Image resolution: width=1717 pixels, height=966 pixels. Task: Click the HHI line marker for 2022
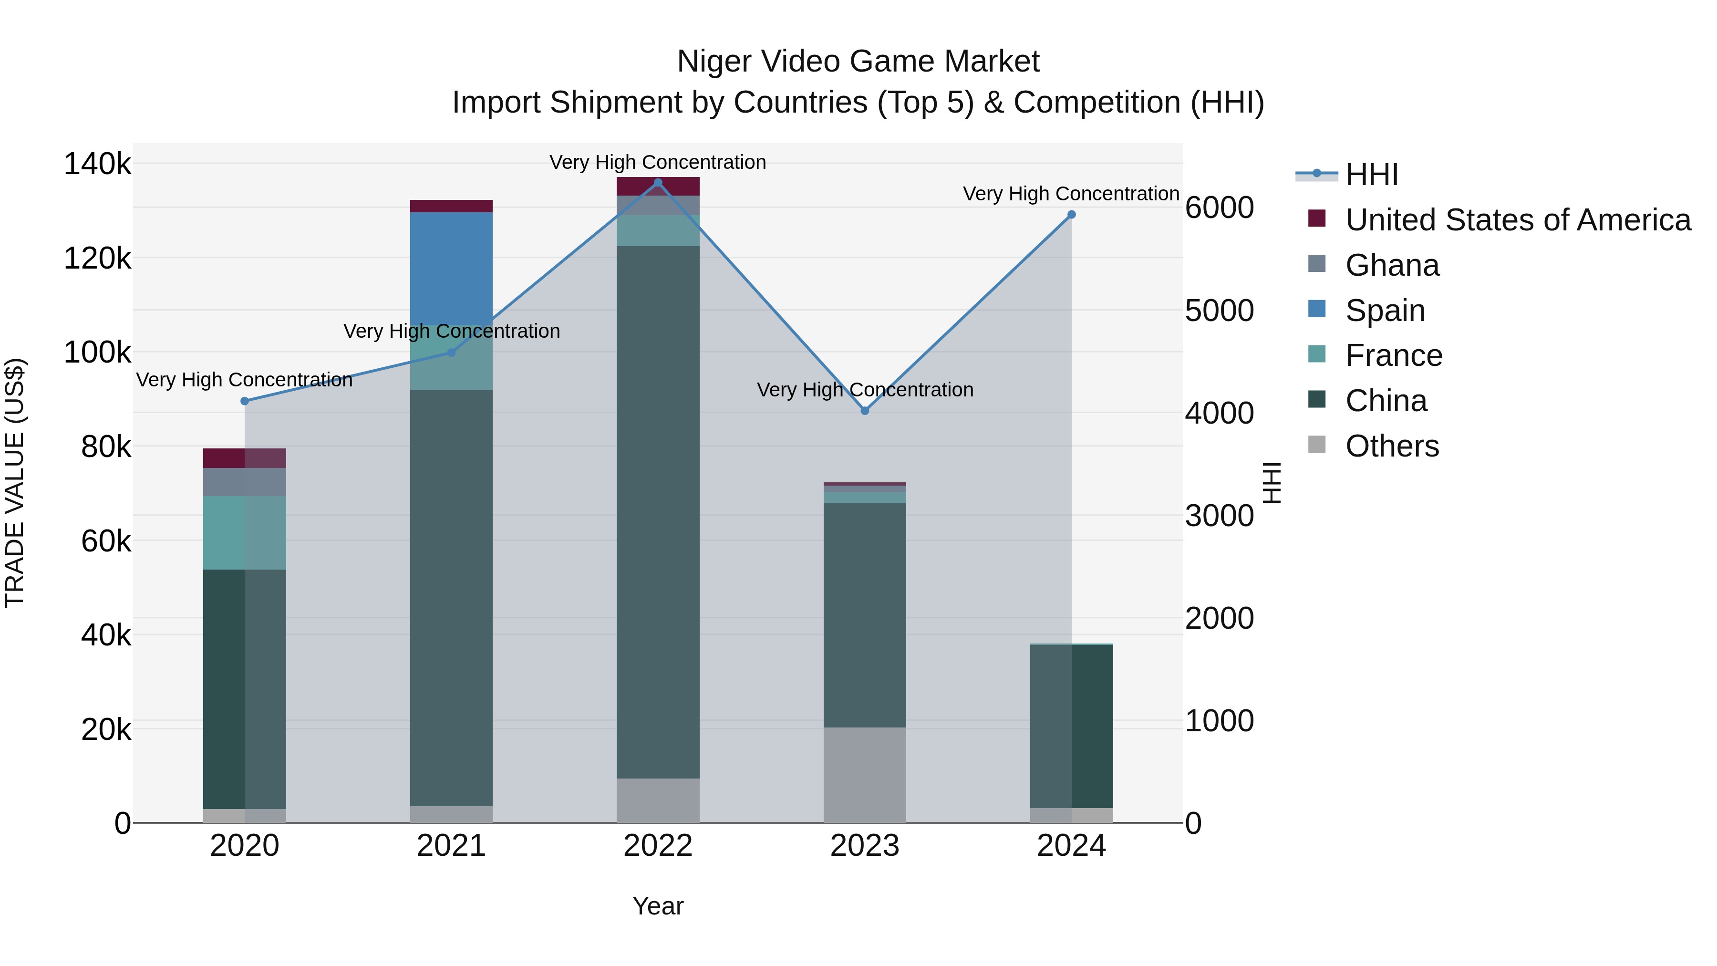click(658, 183)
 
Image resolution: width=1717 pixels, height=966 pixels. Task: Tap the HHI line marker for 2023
click(865, 411)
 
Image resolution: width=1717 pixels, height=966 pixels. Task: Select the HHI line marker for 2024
click(1071, 215)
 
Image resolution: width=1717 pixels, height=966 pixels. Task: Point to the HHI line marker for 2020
click(245, 401)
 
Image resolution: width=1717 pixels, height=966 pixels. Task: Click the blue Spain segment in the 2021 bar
click(451, 268)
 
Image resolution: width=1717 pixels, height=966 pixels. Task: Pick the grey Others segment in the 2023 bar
click(865, 775)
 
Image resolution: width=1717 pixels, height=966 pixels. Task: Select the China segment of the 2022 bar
click(658, 512)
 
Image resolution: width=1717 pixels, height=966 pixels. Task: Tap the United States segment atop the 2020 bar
click(245, 458)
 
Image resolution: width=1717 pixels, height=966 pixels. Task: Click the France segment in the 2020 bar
click(245, 533)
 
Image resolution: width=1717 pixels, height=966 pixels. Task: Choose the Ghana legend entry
click(1392, 265)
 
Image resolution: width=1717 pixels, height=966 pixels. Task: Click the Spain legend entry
click(1385, 311)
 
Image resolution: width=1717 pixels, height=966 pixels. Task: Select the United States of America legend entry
click(1517, 220)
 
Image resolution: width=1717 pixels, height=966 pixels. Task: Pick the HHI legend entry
click(1371, 175)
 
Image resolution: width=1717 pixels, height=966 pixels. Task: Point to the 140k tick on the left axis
click(97, 164)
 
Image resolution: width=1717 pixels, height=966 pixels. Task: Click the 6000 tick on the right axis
click(1219, 208)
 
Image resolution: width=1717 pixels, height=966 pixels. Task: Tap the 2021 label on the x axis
click(451, 846)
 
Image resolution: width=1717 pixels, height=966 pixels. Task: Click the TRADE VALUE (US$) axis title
click(15, 483)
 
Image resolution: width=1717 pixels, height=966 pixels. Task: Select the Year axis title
click(658, 906)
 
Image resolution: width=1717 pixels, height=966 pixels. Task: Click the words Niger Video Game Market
click(858, 62)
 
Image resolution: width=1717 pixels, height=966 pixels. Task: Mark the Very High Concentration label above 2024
click(1071, 194)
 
